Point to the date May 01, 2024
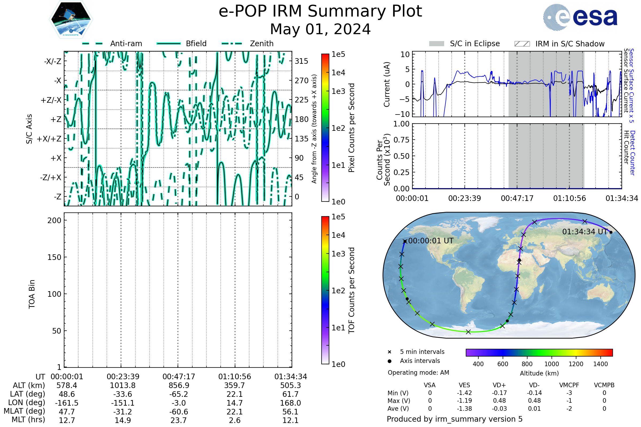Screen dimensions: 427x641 pyautogui.click(x=320, y=29)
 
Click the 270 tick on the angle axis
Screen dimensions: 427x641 pyautogui.click(x=302, y=81)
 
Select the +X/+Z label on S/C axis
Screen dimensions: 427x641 pyautogui.click(x=49, y=139)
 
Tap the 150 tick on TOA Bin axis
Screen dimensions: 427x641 pyautogui.click(x=54, y=257)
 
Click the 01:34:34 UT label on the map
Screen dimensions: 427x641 pyautogui.click(x=585, y=232)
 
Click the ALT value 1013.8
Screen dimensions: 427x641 pyautogui.click(x=123, y=385)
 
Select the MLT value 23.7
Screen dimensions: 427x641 pyautogui.click(x=178, y=420)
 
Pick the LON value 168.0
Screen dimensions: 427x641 pyautogui.click(x=290, y=403)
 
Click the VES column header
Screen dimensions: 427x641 pyautogui.click(x=464, y=385)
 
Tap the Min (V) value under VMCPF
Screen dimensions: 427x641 pyautogui.click(x=569, y=393)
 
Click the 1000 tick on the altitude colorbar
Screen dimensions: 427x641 pyautogui.click(x=551, y=364)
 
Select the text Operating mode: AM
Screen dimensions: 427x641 pyautogui.click(x=418, y=373)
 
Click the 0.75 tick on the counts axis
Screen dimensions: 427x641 pyautogui.click(x=401, y=140)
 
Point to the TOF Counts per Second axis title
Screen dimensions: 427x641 pyautogui.click(x=351, y=290)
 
